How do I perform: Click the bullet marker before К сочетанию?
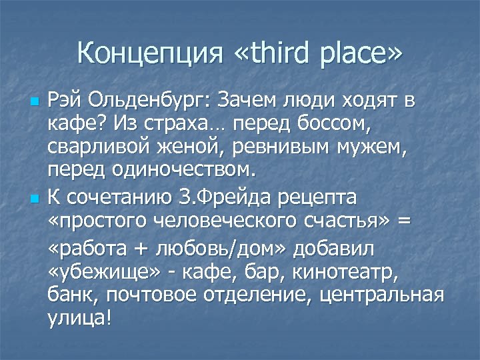pos(35,199)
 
